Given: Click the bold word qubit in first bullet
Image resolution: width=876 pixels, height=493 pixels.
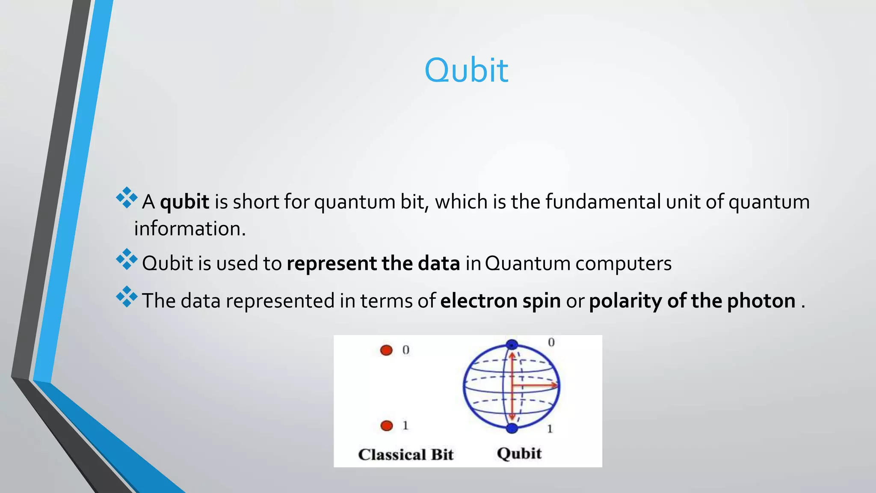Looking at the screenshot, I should coord(184,202).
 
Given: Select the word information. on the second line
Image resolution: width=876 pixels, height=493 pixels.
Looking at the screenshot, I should coord(190,229).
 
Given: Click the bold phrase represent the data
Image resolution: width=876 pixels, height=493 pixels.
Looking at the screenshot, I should coord(373,264).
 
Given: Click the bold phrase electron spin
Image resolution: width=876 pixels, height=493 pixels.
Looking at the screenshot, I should coord(500,301).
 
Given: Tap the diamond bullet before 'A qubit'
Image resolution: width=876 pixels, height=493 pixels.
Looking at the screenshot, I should coord(127,198).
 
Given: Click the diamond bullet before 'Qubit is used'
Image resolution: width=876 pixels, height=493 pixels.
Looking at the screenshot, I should coord(127,259).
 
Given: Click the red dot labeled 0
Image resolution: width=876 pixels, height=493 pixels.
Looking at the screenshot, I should coord(386,350).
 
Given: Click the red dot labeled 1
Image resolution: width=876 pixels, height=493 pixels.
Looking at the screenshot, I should coord(387,426).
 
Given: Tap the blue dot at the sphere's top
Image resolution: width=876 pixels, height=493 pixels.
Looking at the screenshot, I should coord(512,345).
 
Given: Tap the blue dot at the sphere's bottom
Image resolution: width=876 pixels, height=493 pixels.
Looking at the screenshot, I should coord(512,428).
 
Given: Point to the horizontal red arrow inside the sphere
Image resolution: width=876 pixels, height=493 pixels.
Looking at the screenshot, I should coord(535,386).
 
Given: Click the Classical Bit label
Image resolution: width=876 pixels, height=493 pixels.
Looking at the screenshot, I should coord(405,454).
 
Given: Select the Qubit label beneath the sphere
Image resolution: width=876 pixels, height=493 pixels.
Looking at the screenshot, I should coord(519,454).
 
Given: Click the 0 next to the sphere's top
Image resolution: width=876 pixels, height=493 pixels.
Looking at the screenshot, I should coord(551,342).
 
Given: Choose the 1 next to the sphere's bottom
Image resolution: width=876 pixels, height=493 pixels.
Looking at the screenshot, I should coord(550,429).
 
